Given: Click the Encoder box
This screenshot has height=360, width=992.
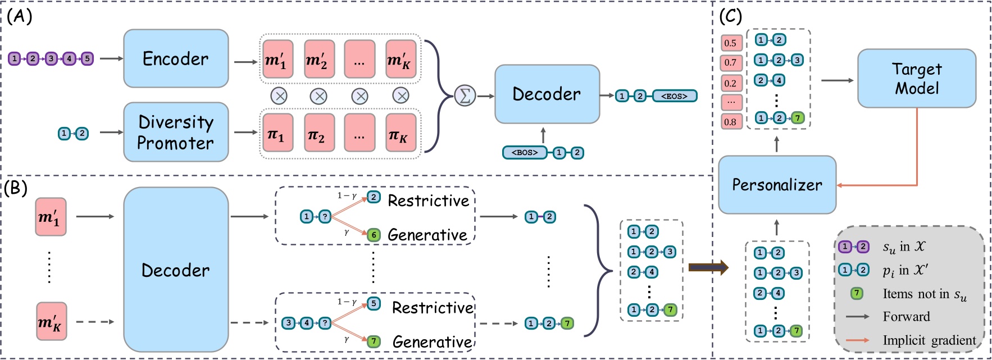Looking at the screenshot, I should [176, 58].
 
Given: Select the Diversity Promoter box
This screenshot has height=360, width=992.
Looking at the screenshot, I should [176, 132].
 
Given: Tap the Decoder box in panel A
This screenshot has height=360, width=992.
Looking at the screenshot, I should [547, 94].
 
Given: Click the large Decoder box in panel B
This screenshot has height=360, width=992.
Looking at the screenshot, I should [176, 270].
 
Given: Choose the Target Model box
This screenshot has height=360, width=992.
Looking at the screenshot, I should [916, 78].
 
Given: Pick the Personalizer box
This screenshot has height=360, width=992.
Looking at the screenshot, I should [777, 185].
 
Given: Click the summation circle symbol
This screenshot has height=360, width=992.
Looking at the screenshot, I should [465, 95].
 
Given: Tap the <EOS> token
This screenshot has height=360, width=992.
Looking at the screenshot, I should [674, 96].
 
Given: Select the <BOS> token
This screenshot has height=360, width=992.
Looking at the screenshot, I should [525, 152].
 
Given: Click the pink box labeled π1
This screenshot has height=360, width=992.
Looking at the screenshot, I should [276, 133].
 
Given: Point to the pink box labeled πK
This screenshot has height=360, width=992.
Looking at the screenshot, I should [401, 133].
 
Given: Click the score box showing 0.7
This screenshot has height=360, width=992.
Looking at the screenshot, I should [731, 62].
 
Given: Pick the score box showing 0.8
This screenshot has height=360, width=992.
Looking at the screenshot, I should [731, 121].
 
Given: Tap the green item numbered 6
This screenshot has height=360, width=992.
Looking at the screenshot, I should [374, 235].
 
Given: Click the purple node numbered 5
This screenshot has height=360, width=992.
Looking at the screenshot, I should [87, 58].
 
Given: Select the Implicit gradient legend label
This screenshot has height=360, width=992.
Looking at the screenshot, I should [929, 340].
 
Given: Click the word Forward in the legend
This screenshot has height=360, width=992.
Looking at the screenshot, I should [906, 317].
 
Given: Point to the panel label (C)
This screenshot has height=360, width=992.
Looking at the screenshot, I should [731, 16].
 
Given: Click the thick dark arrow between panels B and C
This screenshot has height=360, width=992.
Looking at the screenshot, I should [708, 267].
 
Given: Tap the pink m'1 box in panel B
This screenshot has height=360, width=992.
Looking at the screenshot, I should [51, 217].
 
